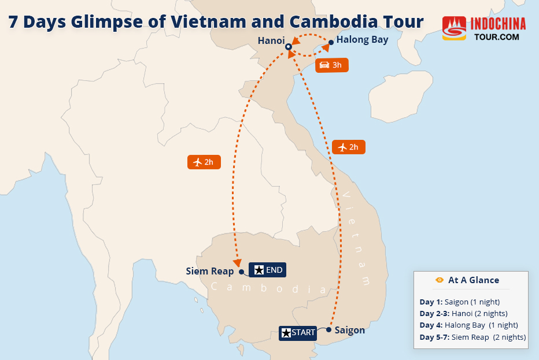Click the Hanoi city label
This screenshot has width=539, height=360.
(x=271, y=40)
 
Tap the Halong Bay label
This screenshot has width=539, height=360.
(x=362, y=40)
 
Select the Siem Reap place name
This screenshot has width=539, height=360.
(x=209, y=271)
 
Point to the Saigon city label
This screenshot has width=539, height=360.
(x=350, y=330)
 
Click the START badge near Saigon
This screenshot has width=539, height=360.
(x=298, y=333)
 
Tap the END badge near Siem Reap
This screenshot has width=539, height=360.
(x=267, y=270)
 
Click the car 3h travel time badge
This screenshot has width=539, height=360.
(x=332, y=65)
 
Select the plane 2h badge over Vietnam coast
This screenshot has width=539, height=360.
(x=348, y=147)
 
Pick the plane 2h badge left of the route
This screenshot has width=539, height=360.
(x=204, y=162)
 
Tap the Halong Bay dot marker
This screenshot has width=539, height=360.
(x=331, y=42)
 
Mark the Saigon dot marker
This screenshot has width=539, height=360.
(x=328, y=330)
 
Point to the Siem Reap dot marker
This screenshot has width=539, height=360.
(x=241, y=272)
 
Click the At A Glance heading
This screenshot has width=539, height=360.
(x=472, y=280)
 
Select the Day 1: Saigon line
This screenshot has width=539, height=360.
(x=459, y=302)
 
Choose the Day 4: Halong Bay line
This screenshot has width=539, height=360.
(x=468, y=325)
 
